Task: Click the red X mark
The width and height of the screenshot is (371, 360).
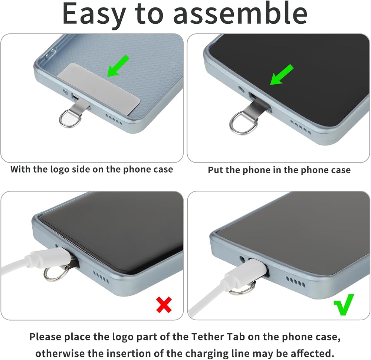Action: [x=164, y=305]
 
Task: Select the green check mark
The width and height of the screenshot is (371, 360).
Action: [x=344, y=304]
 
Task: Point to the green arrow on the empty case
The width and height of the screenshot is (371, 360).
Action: [x=118, y=66]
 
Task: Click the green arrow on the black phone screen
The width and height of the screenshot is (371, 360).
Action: [x=282, y=74]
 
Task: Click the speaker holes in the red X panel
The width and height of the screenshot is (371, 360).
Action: [x=101, y=277]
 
